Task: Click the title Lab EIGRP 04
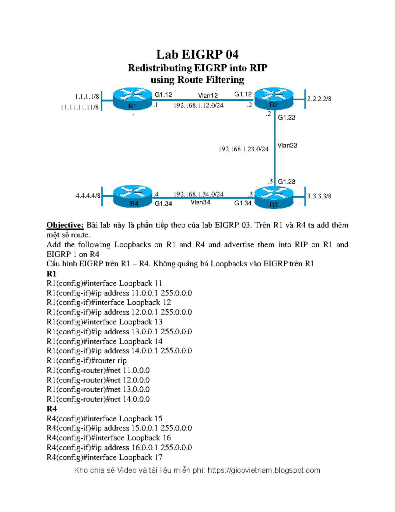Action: (x=197, y=54)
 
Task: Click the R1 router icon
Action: (x=132, y=99)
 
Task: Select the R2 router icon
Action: (x=274, y=98)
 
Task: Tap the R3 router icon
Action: (x=274, y=197)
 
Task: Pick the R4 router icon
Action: (x=133, y=196)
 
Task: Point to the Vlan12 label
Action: (x=208, y=96)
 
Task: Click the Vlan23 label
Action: (x=287, y=145)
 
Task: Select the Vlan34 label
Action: (x=200, y=202)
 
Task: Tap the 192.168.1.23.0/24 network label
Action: (x=244, y=149)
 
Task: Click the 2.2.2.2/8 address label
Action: (x=319, y=99)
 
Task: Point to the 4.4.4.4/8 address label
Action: (x=88, y=196)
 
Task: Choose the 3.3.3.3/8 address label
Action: (x=319, y=196)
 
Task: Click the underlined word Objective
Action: (x=65, y=225)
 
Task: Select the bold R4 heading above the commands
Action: (x=52, y=409)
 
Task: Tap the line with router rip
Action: (x=87, y=361)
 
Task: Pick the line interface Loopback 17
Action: (x=105, y=457)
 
